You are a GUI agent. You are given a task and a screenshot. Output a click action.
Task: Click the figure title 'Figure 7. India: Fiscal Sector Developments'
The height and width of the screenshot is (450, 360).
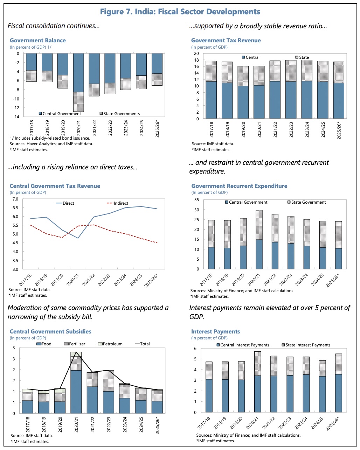point(180,12)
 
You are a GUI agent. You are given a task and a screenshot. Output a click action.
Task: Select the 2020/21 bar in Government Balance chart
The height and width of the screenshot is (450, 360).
point(78,82)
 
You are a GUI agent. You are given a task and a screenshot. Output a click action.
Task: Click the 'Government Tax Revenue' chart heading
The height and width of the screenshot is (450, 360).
point(226,40)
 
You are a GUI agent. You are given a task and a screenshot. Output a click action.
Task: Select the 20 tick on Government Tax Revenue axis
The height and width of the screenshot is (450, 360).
point(196,54)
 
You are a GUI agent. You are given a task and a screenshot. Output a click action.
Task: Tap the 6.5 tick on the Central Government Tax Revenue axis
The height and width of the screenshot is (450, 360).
point(15,208)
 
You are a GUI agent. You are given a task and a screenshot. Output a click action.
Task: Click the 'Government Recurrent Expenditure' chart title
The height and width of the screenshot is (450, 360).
point(239,186)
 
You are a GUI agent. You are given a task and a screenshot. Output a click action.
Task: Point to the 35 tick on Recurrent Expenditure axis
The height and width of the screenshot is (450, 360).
point(196,200)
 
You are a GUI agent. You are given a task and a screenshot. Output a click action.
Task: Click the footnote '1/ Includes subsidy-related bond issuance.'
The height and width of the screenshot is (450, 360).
point(50,138)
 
